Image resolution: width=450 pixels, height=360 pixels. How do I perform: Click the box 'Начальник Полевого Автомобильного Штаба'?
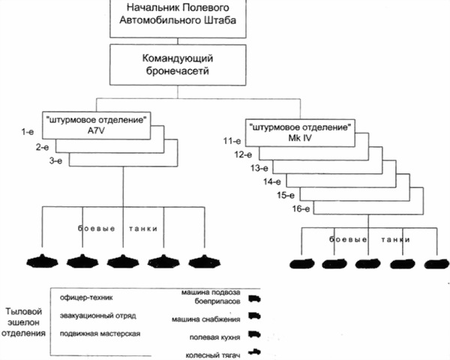point(177,14)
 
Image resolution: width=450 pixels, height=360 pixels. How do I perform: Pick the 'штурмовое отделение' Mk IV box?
point(298,129)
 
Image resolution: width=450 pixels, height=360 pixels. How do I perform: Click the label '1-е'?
point(28,132)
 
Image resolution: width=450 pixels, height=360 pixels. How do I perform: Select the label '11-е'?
point(231,140)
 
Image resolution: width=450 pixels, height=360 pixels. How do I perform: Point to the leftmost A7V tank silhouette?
point(40,262)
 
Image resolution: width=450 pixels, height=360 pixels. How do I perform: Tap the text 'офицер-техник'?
point(91,298)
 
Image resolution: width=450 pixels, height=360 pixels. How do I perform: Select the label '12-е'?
point(244,154)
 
